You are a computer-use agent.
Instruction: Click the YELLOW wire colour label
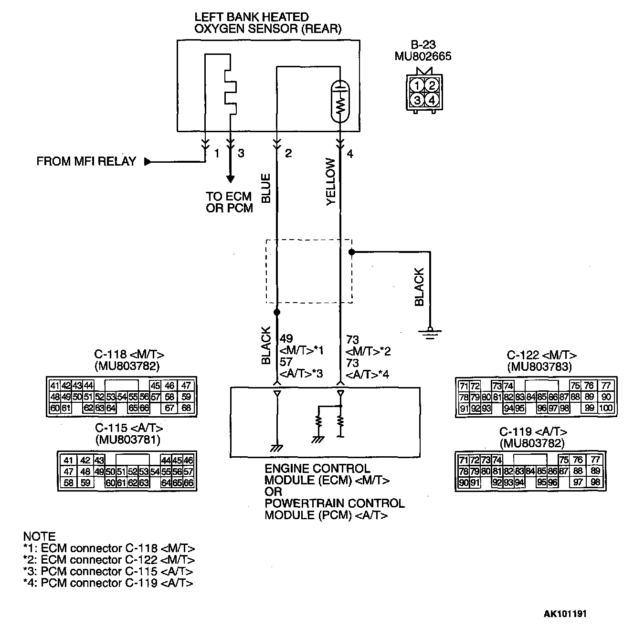[331, 182]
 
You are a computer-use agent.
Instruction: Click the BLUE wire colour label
[266, 188]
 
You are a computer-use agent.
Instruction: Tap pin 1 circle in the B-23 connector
[417, 86]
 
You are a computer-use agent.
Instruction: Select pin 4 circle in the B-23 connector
[432, 100]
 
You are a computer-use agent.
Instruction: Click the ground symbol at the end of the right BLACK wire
[431, 332]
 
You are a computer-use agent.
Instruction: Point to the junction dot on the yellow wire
[351, 252]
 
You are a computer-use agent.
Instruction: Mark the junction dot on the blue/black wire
[276, 312]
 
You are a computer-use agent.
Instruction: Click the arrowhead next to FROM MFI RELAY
[148, 162]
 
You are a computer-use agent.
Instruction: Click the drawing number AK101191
[565, 614]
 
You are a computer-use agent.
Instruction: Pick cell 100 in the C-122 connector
[606, 409]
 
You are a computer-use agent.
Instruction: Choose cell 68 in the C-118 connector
[186, 408]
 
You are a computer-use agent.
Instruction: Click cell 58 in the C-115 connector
[68, 482]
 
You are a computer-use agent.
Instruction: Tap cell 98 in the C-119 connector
[595, 482]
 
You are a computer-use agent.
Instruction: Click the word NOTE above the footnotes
[39, 536]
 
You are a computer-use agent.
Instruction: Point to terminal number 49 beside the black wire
[286, 339]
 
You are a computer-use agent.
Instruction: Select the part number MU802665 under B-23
[423, 57]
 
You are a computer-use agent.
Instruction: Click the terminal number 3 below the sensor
[241, 154]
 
